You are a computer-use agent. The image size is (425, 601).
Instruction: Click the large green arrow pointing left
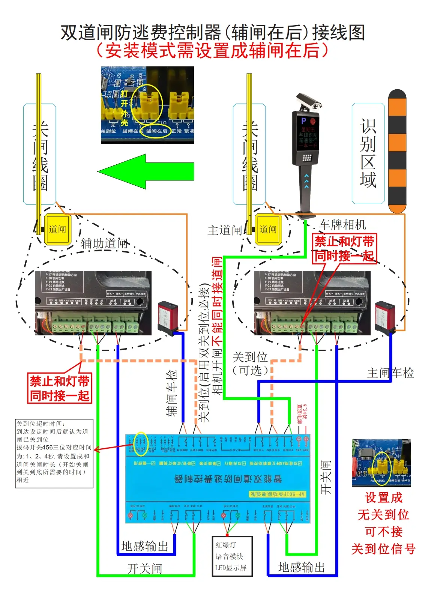pos(146,171)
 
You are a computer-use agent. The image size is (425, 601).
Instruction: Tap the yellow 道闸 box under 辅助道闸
pos(57,229)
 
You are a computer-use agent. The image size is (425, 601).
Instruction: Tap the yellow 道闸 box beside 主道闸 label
pos(267,229)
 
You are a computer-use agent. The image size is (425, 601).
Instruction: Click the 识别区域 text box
pos(368,153)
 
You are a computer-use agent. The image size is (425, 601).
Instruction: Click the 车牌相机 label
pos(342,225)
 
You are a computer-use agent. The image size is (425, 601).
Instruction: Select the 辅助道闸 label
pos(104,243)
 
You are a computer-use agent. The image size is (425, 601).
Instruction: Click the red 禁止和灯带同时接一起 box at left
pos(60,388)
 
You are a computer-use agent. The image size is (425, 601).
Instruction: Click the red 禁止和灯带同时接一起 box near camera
pos(344,249)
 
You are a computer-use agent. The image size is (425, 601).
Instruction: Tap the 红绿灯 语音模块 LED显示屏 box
pos(232,556)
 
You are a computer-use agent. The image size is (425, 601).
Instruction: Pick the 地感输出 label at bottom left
pos(145,546)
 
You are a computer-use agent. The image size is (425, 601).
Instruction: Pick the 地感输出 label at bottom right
pos(301,567)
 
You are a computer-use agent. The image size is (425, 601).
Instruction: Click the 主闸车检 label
pos(390,373)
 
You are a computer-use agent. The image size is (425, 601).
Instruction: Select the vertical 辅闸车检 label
pos(171,393)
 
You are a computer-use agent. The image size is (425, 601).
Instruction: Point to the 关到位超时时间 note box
pos(54,453)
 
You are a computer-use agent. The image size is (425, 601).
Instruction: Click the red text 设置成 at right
pos(383,498)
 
